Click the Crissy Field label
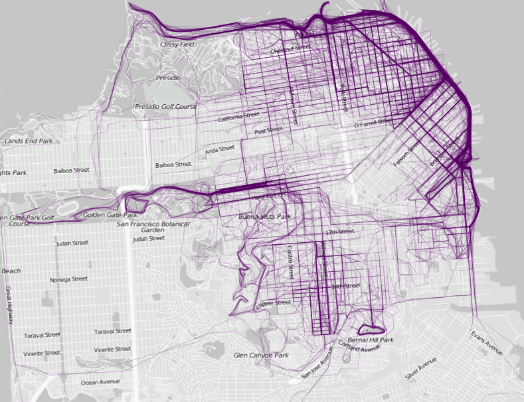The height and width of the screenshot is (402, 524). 177,44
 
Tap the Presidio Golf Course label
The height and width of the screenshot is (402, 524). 166,106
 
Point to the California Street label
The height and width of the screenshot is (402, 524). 238,117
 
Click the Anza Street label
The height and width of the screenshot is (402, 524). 220,150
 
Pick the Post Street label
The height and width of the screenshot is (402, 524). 269,131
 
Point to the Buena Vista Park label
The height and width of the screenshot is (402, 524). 264,217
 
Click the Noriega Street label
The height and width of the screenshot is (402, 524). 68,279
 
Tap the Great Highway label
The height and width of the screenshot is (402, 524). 9,306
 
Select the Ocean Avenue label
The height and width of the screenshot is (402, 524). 100,382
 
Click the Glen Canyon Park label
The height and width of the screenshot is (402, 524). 261,356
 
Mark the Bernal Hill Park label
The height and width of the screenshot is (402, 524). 371,340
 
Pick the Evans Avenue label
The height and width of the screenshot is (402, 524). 487,342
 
